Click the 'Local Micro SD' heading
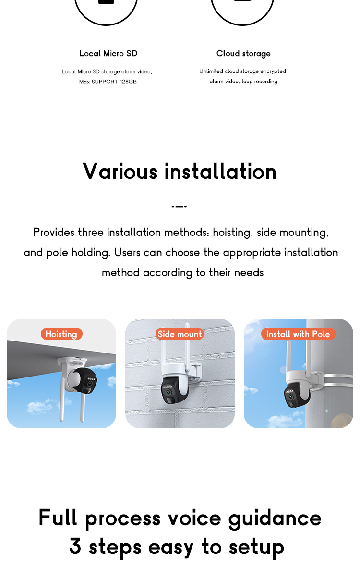click(108, 53)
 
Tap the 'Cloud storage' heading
click(243, 54)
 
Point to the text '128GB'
click(128, 82)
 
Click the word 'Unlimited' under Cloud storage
click(211, 71)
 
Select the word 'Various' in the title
click(120, 171)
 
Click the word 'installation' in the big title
click(220, 171)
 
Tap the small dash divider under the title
click(179, 206)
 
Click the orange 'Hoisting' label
click(61, 334)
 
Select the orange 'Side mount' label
click(180, 334)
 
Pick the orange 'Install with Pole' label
click(298, 334)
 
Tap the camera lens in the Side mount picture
click(168, 392)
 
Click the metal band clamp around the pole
click(338, 381)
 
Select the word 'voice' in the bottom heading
click(194, 518)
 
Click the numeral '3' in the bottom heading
click(75, 546)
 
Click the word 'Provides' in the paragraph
click(54, 233)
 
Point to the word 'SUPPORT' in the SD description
click(105, 82)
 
